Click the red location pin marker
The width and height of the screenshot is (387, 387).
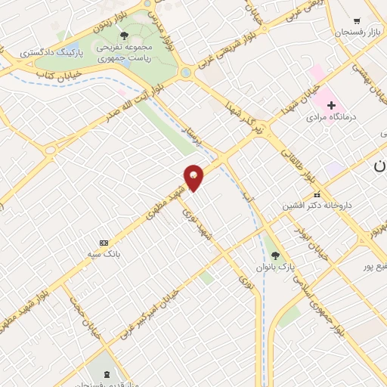(x=194, y=177)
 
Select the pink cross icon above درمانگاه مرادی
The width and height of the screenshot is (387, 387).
(x=331, y=104)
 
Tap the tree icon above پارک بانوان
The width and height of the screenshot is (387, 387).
(x=275, y=255)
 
